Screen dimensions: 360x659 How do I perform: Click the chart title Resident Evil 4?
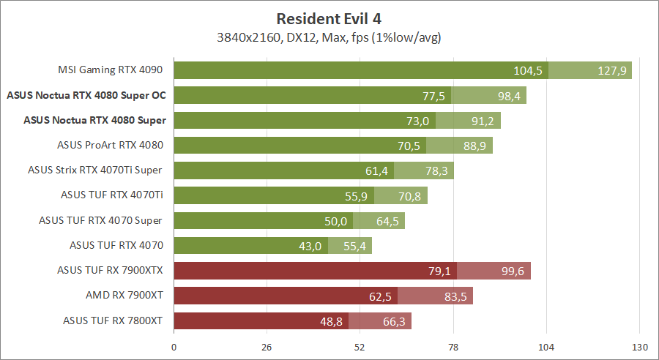329,18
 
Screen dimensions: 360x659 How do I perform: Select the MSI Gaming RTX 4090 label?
110,70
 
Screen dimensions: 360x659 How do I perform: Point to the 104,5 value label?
528,70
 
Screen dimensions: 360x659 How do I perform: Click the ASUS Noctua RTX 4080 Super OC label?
86,95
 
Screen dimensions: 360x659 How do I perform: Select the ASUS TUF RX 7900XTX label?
110,271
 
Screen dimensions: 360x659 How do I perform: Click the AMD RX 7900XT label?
124,296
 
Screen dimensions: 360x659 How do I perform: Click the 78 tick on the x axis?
453,347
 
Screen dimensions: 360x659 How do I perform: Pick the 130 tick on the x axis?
639,347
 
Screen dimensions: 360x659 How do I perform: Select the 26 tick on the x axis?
267,347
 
